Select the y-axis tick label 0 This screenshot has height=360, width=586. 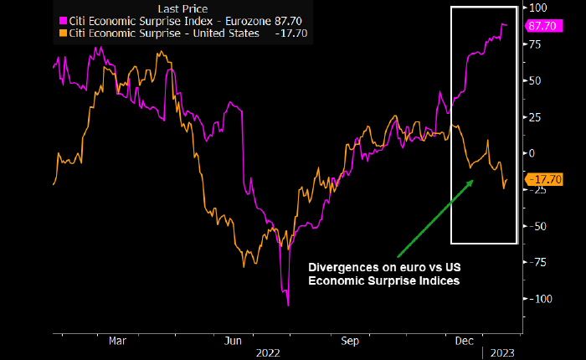coord(530,153)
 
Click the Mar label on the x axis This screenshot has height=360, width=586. coord(117,341)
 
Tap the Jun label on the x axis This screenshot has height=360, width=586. coord(234,341)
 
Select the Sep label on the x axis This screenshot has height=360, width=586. coord(351,341)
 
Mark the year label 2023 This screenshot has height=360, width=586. coord(503,353)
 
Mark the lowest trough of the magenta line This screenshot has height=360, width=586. coord(288,305)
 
